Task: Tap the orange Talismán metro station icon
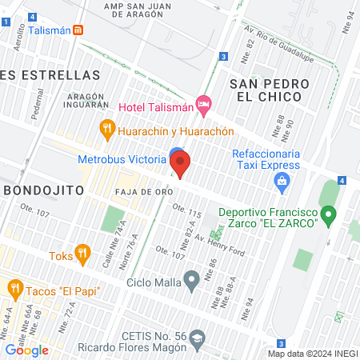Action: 78,30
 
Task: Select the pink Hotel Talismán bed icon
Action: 204,104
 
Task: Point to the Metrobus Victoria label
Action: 122,158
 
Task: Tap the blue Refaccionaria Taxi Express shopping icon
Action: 282,183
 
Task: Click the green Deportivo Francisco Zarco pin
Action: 327,214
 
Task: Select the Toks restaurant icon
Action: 82,255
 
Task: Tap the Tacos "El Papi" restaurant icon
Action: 14,288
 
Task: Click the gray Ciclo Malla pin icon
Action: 191,281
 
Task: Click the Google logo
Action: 26,350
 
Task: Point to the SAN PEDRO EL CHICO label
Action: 266,90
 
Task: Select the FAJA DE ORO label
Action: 145,192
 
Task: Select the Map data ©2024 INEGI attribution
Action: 312,353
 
